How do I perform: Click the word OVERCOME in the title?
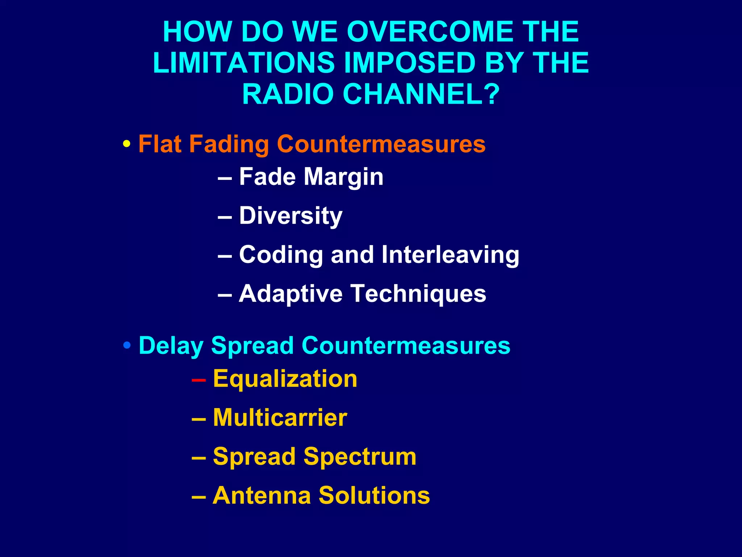pos(429,32)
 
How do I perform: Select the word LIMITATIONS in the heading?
pos(243,63)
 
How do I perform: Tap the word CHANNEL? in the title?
pos(421,94)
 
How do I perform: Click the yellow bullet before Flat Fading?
pos(127,144)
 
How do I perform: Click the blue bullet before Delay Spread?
pos(127,345)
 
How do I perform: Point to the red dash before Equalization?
pos(199,380)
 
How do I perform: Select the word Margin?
pos(343,177)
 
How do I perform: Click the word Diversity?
pos(291,216)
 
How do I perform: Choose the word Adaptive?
pos(291,294)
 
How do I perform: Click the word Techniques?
pos(418,294)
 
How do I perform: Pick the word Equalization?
pos(285,379)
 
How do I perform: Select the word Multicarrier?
pos(280,418)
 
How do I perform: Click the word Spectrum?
pos(360,457)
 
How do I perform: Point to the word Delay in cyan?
pos(171,346)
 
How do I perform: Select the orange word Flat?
pos(160,144)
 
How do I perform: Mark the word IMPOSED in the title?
pos(410,63)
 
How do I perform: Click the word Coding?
pos(281,255)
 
